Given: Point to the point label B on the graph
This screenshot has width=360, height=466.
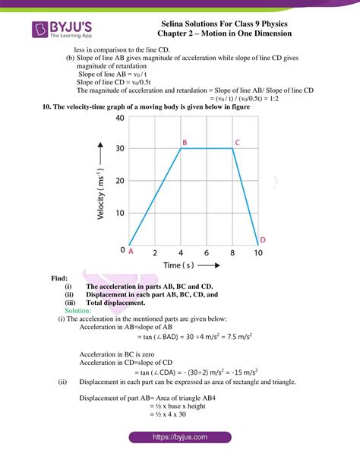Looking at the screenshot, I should pyautogui.click(x=184, y=141).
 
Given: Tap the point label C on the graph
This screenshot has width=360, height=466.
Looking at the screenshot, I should pyautogui.click(x=237, y=141).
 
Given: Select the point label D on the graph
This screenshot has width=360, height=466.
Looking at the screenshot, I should pyautogui.click(x=262, y=239).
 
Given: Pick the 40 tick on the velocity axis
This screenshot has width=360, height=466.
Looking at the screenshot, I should pyautogui.click(x=120, y=119).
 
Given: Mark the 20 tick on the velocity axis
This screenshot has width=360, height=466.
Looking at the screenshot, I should pyautogui.click(x=120, y=181).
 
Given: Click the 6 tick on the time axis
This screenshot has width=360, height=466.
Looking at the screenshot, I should pyautogui.click(x=207, y=252).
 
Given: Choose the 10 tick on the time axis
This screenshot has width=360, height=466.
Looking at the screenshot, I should pyautogui.click(x=258, y=252).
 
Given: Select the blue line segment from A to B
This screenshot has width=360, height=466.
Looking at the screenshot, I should pyautogui.click(x=155, y=196).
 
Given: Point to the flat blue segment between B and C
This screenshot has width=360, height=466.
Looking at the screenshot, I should pyautogui.click(x=207, y=148).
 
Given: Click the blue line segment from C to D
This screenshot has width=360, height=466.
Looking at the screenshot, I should pyautogui.click(x=245, y=196).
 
